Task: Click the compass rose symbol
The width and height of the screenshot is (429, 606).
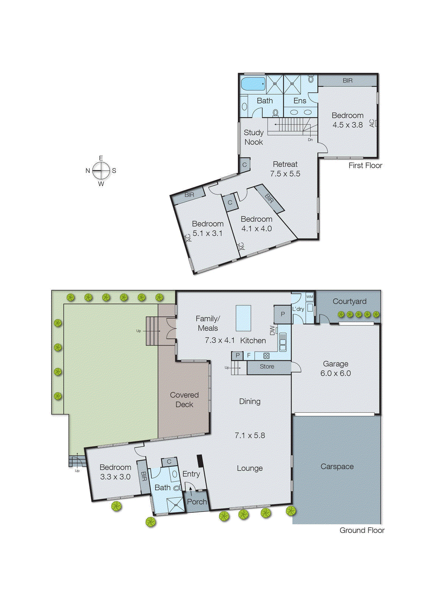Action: click(x=101, y=170)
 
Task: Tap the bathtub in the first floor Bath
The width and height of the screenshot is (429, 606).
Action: click(x=253, y=84)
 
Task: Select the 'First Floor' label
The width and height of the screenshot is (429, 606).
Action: click(x=365, y=166)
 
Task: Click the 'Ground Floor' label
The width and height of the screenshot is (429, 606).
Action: click(x=362, y=530)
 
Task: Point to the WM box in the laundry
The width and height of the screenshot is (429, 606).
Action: click(x=310, y=297)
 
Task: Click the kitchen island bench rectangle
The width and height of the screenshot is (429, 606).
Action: click(x=243, y=318)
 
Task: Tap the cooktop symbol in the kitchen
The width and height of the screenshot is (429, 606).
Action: click(x=266, y=356)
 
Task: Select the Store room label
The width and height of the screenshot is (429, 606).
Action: click(x=267, y=367)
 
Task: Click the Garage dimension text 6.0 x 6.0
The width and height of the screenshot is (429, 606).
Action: click(x=335, y=373)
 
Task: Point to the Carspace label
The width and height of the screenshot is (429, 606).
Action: click(x=337, y=467)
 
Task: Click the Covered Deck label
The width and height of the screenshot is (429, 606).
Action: click(x=184, y=400)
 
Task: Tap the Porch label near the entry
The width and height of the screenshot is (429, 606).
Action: click(x=197, y=501)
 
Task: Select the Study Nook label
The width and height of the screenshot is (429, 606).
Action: click(x=253, y=137)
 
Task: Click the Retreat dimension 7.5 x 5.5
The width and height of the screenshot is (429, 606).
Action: click(x=285, y=173)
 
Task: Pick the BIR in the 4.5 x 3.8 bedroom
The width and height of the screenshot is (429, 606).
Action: click(x=347, y=80)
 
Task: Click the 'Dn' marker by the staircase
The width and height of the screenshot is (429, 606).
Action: click(x=310, y=140)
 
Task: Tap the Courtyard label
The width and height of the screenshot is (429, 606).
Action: click(x=349, y=301)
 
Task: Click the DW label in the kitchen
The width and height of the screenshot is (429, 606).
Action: click(x=272, y=330)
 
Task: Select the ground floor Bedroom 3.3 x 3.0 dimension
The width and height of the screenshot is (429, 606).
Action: click(x=115, y=477)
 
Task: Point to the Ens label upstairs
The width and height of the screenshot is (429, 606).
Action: click(x=300, y=101)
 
